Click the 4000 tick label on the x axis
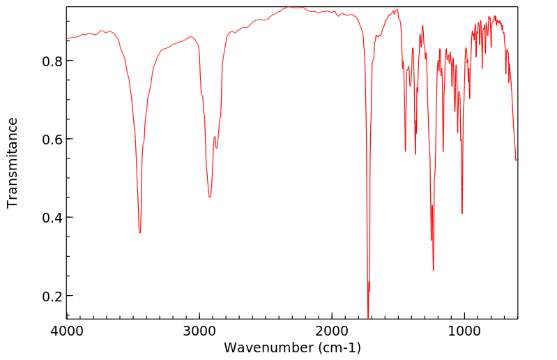pos(67,331)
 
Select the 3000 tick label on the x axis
pos(199,331)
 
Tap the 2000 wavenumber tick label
pos(332,331)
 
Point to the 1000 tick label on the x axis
pos(464,331)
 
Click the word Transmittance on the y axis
pos(13,163)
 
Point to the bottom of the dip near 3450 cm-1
pos(139,232)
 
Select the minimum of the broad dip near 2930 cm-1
pos(209,197)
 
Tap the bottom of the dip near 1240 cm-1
pos(434,270)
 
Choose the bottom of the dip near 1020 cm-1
pos(462,213)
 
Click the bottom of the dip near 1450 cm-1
pos(405,151)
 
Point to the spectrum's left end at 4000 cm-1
pos(68,39)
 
